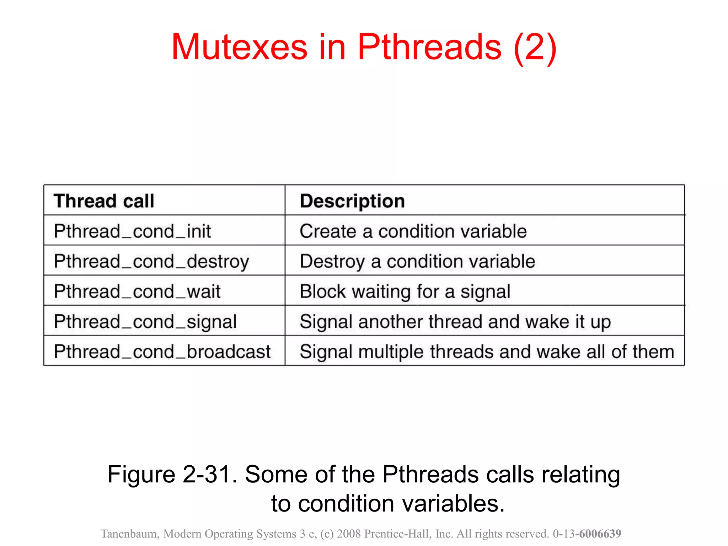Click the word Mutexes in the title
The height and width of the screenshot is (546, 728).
coord(239,47)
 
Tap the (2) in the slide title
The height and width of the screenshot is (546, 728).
coord(535,48)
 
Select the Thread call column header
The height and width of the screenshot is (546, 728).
coord(104,201)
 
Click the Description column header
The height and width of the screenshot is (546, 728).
coord(352,201)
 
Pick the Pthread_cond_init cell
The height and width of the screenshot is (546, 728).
coord(132,231)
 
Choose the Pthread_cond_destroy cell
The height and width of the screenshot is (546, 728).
coord(151,262)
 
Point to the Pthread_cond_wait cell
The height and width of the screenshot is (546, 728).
coord(137,292)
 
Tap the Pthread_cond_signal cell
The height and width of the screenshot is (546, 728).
coord(145,322)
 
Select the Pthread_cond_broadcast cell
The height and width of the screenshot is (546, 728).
coord(162,352)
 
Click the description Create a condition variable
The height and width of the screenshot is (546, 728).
coord(413,231)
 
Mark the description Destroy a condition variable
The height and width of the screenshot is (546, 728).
coord(417,262)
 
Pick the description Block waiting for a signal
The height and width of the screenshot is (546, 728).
coord(405,292)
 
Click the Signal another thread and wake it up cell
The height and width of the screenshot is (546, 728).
coord(455,322)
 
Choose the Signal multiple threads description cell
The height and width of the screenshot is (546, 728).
coord(487,352)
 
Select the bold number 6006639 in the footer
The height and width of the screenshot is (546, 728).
coord(600,534)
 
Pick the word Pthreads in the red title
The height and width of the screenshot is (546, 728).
coord(429,47)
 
